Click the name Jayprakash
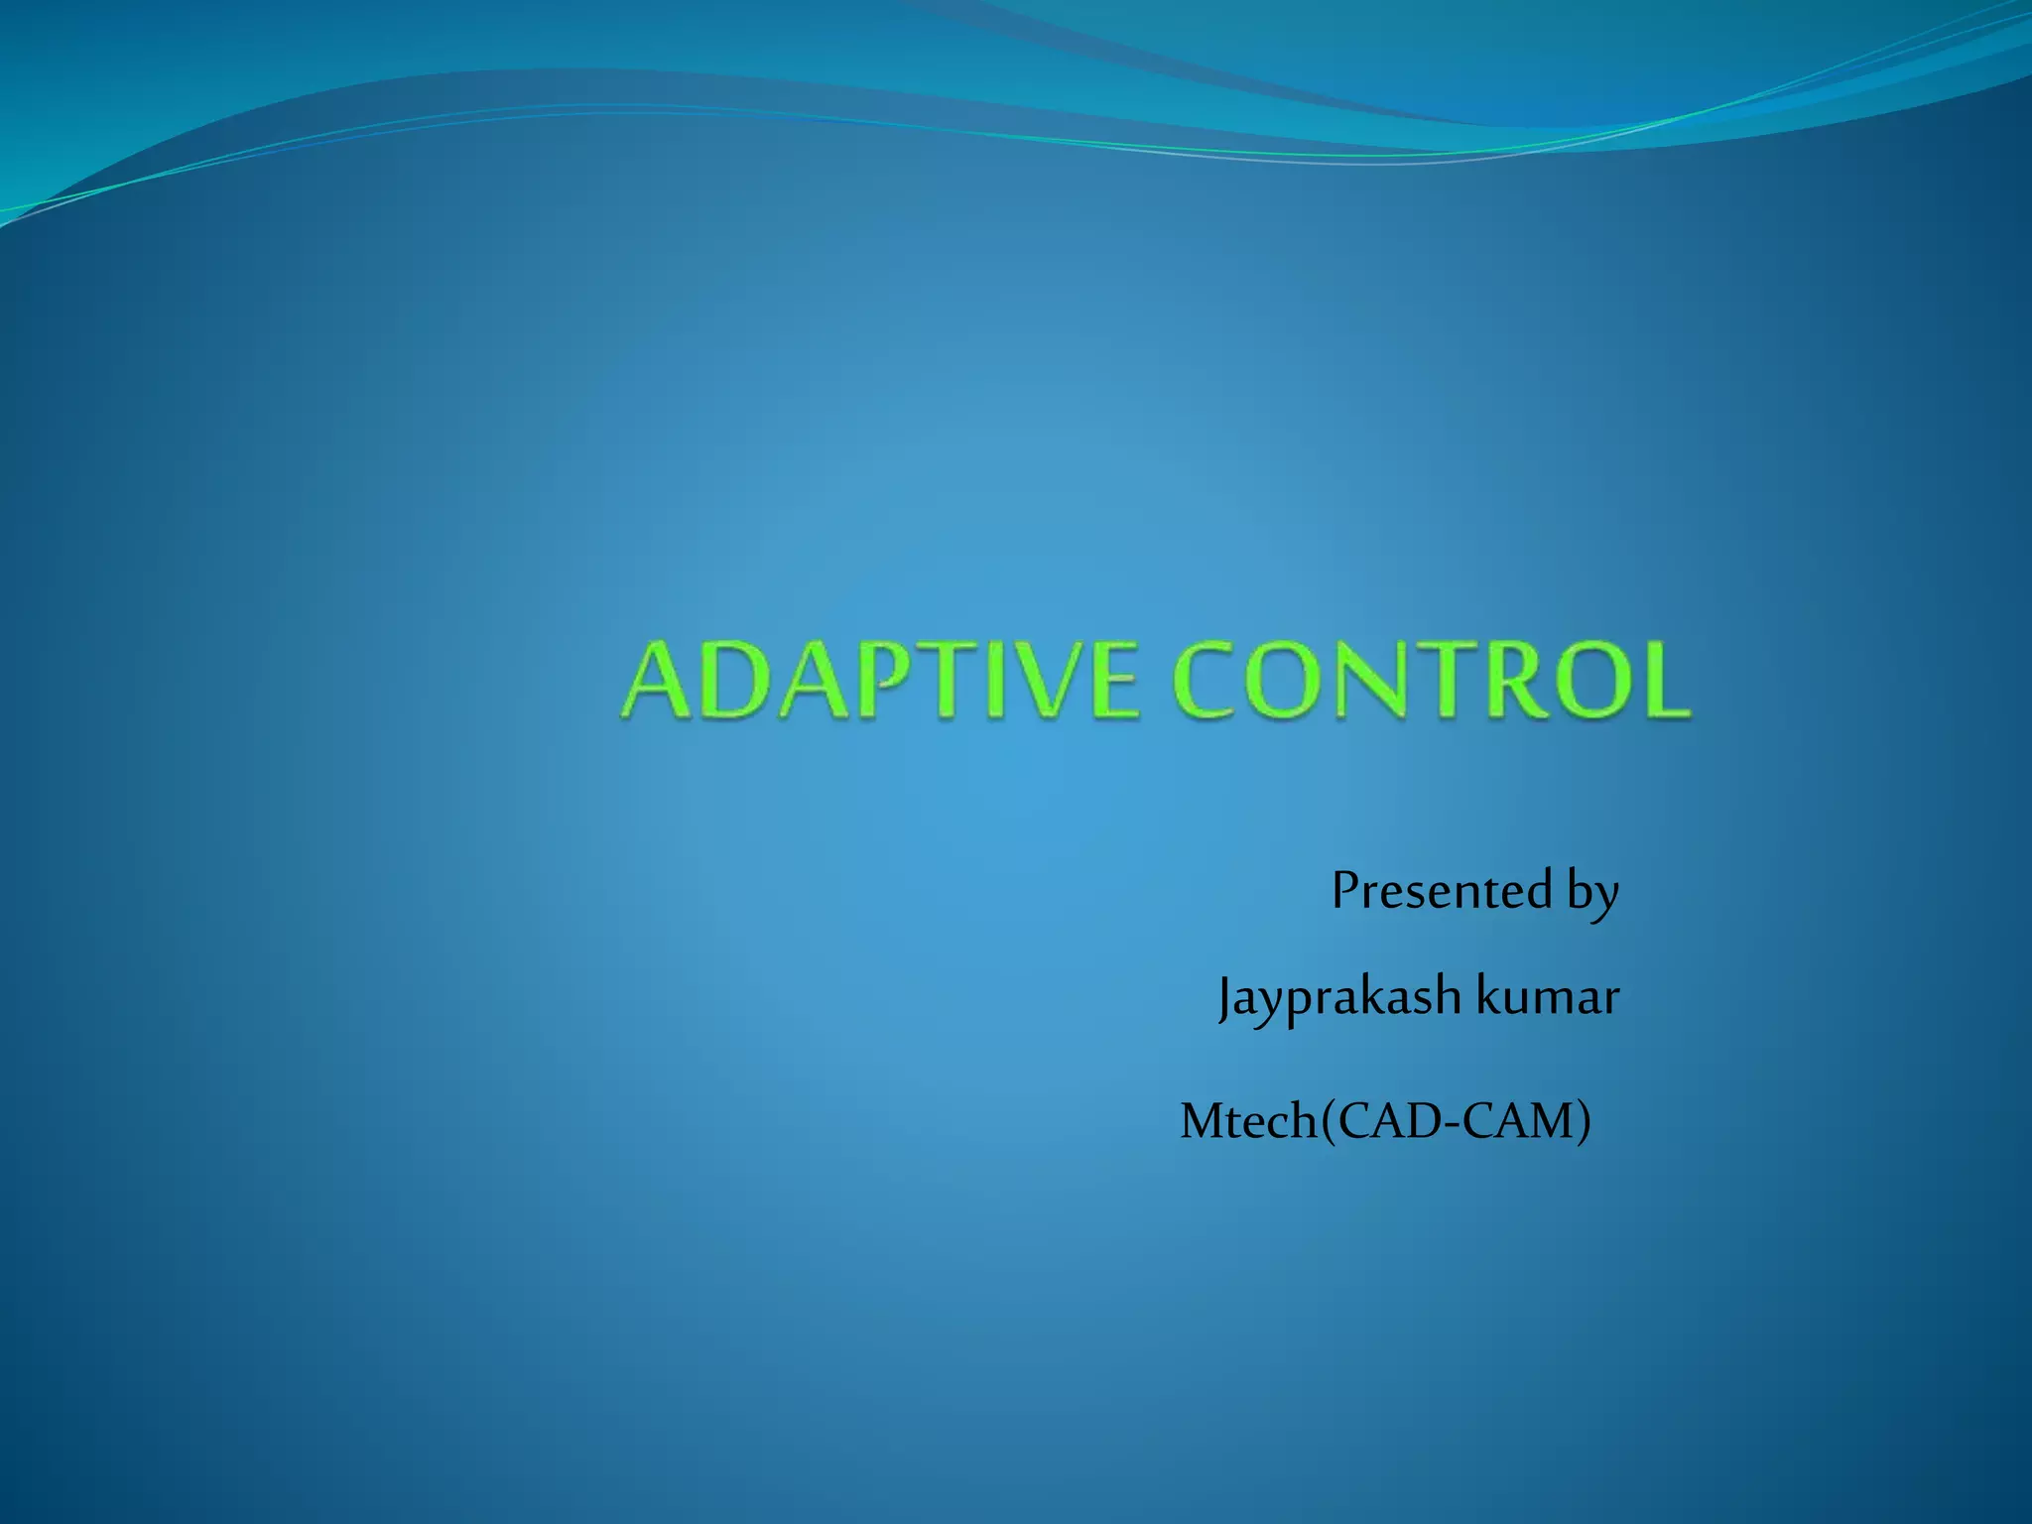[x=1339, y=996]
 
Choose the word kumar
[x=1548, y=996]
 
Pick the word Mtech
[x=1248, y=1122]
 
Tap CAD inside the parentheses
[x=1384, y=1122]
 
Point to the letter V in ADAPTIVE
[x=1044, y=682]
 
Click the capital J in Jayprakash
[x=1226, y=997]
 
